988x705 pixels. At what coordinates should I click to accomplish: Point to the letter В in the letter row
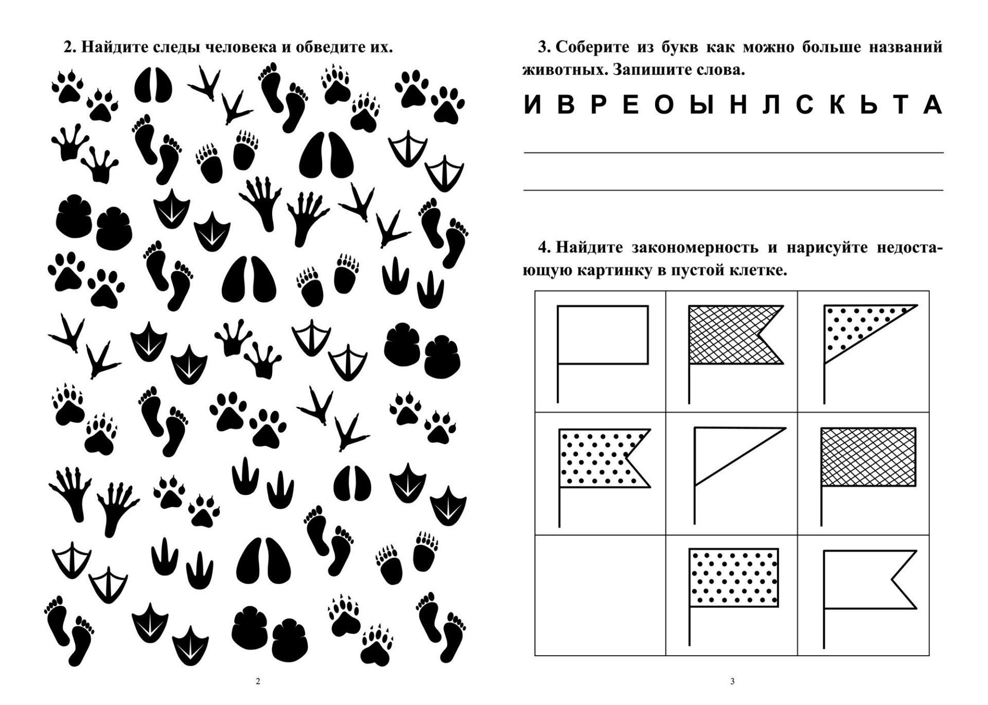[x=567, y=105]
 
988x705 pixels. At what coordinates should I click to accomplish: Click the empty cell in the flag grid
[x=600, y=595]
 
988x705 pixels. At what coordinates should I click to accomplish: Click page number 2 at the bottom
[x=258, y=682]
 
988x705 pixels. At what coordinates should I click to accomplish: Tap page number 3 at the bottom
[x=732, y=682]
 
